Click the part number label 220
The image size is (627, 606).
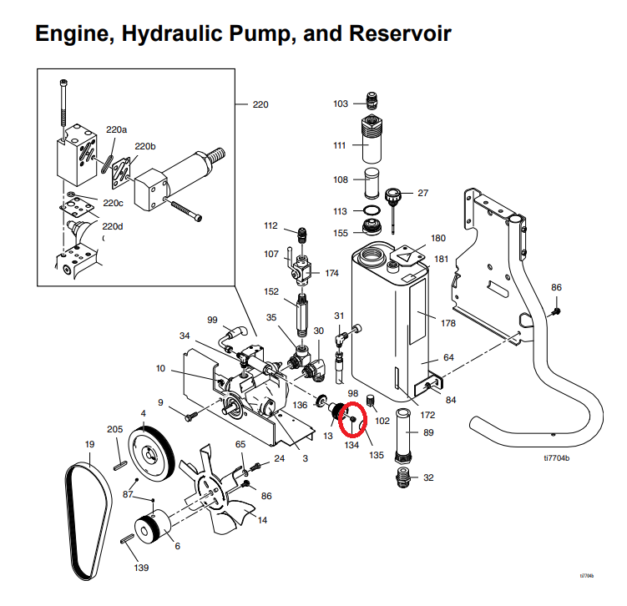(x=260, y=104)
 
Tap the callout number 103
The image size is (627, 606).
(x=340, y=104)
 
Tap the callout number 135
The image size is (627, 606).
(x=377, y=456)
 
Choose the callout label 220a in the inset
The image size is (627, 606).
(x=116, y=129)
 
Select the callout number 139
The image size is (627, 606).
(x=142, y=568)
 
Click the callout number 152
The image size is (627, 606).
(x=271, y=290)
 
